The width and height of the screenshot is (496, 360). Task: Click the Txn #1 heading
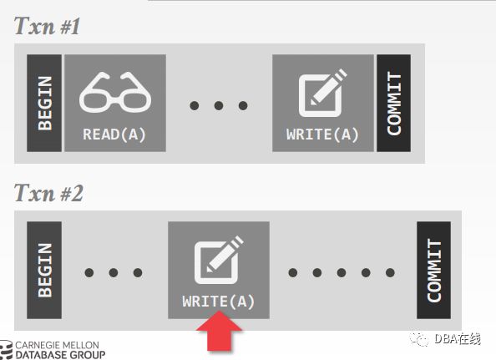tap(47, 26)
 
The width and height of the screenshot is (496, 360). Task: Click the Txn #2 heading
tap(48, 193)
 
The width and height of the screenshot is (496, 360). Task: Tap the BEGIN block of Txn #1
tap(44, 103)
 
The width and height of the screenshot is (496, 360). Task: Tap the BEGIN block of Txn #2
tap(44, 270)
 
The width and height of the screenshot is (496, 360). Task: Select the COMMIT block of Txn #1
tap(394, 103)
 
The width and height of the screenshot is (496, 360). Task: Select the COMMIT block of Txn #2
tap(433, 270)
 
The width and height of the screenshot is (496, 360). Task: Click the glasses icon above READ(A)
tap(115, 92)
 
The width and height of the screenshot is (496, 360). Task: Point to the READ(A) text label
tap(114, 134)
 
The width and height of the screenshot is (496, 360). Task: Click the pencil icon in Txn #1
tap(322, 93)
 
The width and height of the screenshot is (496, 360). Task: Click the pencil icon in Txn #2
tap(219, 260)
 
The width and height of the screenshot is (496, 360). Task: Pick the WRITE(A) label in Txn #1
tap(322, 134)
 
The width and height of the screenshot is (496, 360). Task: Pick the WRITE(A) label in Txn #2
tap(219, 302)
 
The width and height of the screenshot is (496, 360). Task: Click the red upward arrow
tap(219, 331)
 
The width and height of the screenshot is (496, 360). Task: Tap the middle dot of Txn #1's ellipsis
tap(219, 105)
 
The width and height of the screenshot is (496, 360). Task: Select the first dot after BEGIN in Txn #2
tap(89, 272)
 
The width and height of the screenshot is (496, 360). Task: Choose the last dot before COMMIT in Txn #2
tap(390, 272)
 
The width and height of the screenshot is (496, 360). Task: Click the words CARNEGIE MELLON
tap(58, 345)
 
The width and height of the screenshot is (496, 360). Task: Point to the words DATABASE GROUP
tap(60, 355)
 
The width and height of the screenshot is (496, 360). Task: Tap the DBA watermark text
tap(458, 339)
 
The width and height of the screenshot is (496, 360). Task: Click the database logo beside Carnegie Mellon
tap(6, 350)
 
